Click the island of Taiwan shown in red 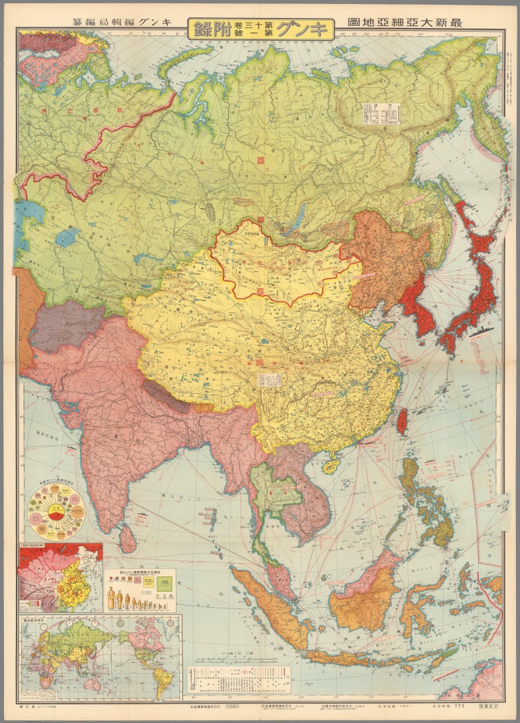coord(402,421)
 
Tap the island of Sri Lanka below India coord(123,534)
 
